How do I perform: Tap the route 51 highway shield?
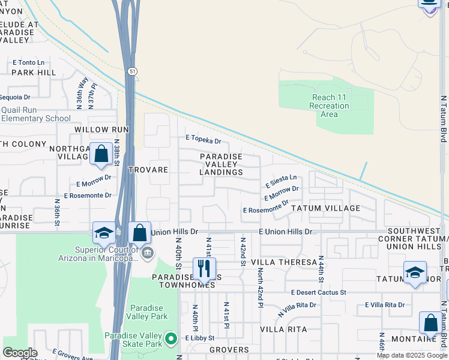click(131, 71)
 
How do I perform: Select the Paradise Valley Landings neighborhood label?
click(221, 164)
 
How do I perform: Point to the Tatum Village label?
click(325, 208)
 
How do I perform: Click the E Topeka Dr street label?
click(203, 142)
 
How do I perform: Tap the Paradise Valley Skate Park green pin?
click(171, 340)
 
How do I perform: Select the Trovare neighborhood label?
click(148, 170)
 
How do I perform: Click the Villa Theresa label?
click(284, 262)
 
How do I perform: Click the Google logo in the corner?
click(20, 353)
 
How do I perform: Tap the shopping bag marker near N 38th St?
click(101, 154)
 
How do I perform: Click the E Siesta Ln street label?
click(281, 178)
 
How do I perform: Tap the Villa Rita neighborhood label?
click(284, 329)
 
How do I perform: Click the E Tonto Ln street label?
click(29, 62)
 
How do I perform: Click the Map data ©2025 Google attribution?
click(411, 355)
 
